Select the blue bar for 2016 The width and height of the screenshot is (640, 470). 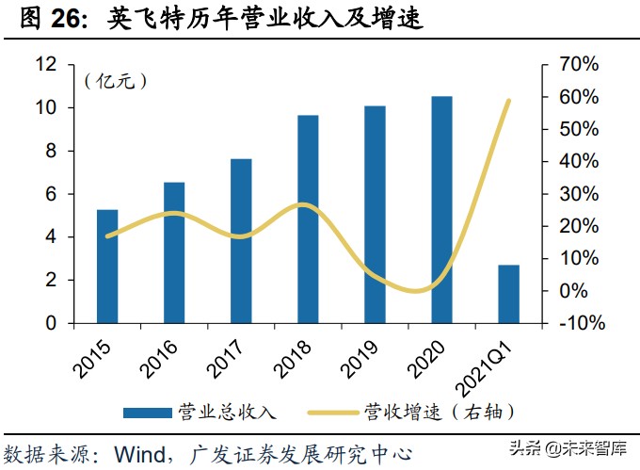click(174, 252)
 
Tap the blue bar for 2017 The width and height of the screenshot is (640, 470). click(241, 241)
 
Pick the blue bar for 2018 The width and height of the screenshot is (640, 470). click(308, 219)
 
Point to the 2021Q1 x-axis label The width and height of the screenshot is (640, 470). click(497, 363)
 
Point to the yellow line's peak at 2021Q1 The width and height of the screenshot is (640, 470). click(509, 101)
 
